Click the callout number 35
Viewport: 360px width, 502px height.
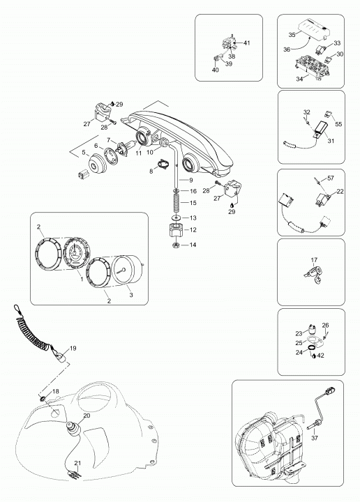(x=292, y=35)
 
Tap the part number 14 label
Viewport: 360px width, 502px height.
(x=193, y=245)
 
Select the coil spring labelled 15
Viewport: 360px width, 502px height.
(x=177, y=204)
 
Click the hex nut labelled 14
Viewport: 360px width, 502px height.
(x=176, y=245)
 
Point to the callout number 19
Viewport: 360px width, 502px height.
(x=73, y=349)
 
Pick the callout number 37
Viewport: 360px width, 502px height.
(x=315, y=438)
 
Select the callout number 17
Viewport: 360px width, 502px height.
(x=314, y=260)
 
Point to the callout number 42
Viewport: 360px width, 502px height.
(x=320, y=356)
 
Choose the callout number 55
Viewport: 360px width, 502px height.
(x=338, y=124)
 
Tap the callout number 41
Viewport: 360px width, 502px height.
(x=246, y=43)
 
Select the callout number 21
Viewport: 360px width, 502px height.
(x=78, y=463)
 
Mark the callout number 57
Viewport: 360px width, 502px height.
(x=330, y=178)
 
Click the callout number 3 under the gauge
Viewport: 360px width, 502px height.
(x=131, y=295)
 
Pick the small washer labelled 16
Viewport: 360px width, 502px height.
(x=177, y=191)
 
